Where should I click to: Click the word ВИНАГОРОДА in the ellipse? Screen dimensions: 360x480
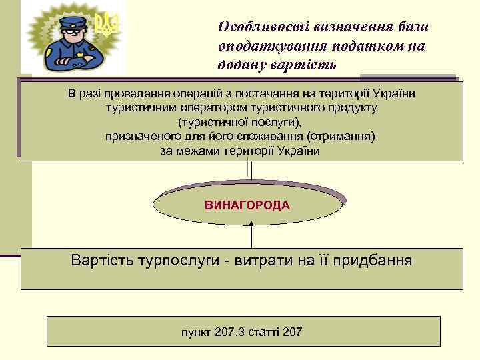(x=247, y=205)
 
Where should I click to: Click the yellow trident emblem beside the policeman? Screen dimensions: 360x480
(x=105, y=24)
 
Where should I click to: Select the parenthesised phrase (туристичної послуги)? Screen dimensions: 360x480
(x=240, y=122)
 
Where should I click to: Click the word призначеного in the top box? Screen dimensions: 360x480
(x=136, y=137)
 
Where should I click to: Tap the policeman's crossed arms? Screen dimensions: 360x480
(x=72, y=59)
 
